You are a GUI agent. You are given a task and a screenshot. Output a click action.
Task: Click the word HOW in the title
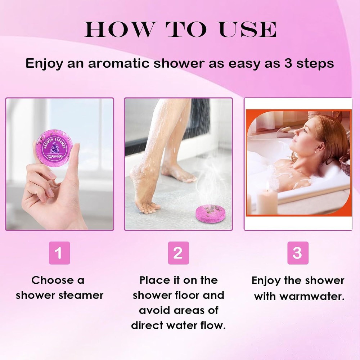118,29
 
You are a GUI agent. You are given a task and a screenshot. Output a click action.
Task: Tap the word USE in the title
248,29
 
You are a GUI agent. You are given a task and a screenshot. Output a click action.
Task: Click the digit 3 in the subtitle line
288,63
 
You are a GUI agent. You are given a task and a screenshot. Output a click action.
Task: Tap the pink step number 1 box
59,253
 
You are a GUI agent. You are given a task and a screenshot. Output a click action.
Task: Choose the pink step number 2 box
179,253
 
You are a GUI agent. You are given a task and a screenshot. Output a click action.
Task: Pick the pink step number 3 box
298,253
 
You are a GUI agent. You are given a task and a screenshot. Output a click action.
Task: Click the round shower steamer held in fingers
54,148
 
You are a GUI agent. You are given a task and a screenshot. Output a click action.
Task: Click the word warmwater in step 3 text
312,296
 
